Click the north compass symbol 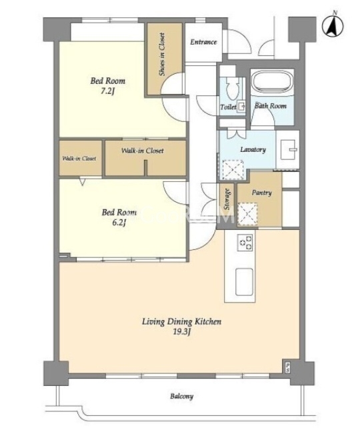[x=333, y=25]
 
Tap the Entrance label [x=203, y=42]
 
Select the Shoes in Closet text [x=162, y=54]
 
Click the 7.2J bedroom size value [x=107, y=91]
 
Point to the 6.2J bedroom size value [x=119, y=223]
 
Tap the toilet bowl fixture [x=233, y=87]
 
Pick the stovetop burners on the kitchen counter [x=245, y=243]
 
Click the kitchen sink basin [x=244, y=282]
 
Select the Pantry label [x=261, y=193]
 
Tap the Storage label [x=227, y=199]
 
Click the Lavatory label [x=253, y=149]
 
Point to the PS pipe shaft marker [x=287, y=366]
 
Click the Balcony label [x=181, y=396]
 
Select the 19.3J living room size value [x=181, y=332]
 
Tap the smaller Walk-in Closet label [x=79, y=158]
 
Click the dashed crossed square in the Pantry [x=247, y=214]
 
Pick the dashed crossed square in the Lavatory [x=233, y=170]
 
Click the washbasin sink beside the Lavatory [x=288, y=149]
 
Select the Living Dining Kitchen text [x=181, y=321]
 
